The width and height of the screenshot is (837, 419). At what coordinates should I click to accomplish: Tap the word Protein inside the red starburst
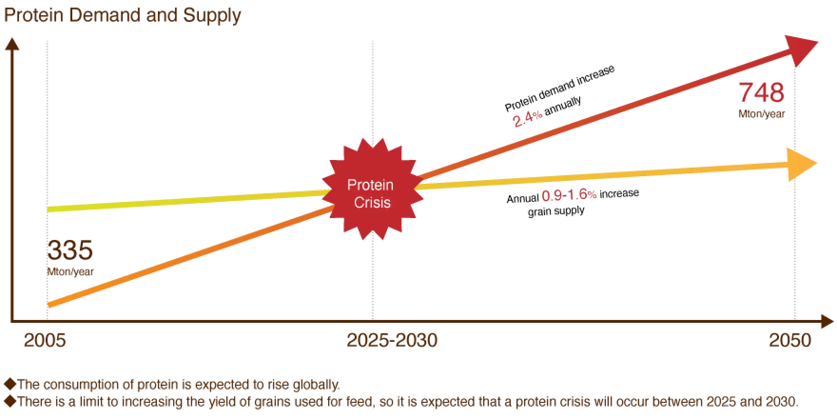[370, 185]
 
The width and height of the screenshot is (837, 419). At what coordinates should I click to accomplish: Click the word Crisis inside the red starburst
[372, 202]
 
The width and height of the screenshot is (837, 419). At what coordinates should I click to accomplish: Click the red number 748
[761, 92]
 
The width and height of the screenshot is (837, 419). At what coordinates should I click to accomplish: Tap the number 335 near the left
[70, 252]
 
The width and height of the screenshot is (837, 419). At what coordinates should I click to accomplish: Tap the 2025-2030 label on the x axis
[392, 341]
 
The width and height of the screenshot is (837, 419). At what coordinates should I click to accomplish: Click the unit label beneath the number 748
[762, 114]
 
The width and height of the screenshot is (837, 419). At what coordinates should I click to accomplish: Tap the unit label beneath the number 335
[70, 272]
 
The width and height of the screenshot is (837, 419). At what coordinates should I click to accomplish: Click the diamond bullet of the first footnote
[9, 384]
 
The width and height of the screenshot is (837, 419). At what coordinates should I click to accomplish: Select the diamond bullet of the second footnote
[9, 401]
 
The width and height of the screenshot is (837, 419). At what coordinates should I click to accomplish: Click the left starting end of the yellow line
[49, 209]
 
